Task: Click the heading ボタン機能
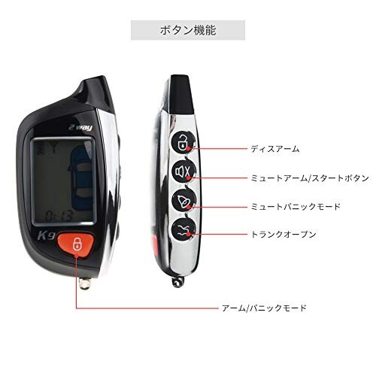click(188, 30)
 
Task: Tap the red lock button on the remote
click(76, 244)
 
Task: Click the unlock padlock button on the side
click(183, 142)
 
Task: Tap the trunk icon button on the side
click(184, 229)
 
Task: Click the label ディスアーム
click(275, 149)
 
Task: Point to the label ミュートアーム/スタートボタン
click(310, 178)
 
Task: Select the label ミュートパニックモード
click(296, 207)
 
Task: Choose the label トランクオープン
click(284, 234)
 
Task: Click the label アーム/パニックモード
click(264, 308)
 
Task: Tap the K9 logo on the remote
click(47, 236)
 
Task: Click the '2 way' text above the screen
click(80, 128)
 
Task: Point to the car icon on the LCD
click(80, 176)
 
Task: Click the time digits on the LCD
click(59, 216)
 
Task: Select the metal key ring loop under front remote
click(84, 284)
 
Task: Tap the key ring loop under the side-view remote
click(178, 282)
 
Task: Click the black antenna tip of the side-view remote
click(181, 94)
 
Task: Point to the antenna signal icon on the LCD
click(52, 150)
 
